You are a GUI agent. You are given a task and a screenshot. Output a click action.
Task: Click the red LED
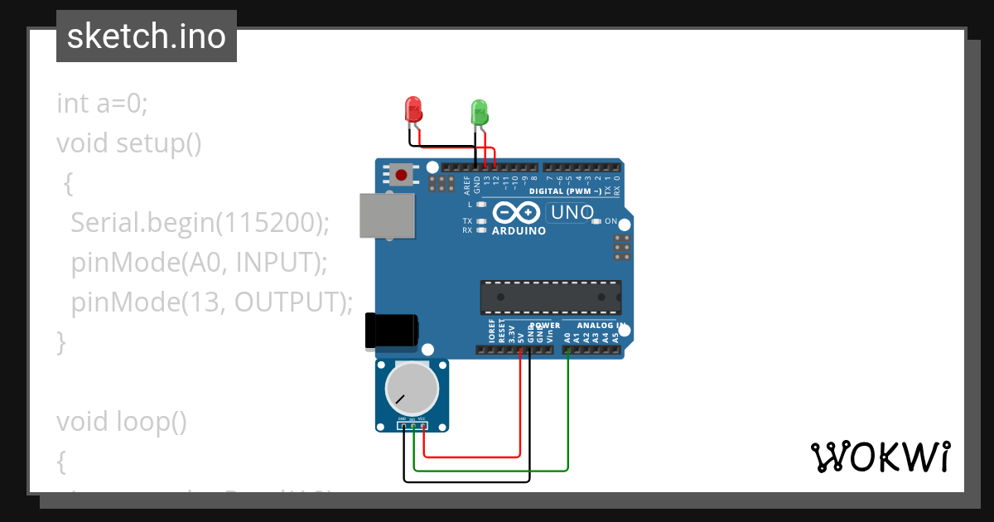(413, 109)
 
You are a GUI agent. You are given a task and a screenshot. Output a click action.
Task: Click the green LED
(480, 111)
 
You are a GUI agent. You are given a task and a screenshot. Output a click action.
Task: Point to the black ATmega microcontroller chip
(551, 297)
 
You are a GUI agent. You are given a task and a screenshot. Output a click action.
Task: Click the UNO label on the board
(572, 213)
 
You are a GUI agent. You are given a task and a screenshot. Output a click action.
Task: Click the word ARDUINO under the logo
(519, 231)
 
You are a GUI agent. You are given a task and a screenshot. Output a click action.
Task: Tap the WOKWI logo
(880, 457)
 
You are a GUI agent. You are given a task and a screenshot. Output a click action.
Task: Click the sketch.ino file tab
(147, 36)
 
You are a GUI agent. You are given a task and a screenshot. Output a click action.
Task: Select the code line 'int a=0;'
(102, 104)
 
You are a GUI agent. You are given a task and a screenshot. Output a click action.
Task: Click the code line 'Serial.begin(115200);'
(200, 223)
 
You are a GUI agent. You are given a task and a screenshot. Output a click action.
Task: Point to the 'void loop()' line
(121, 422)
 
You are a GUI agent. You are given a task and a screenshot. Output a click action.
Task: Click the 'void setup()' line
(128, 143)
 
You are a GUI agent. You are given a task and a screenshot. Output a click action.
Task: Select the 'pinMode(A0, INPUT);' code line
(200, 263)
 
